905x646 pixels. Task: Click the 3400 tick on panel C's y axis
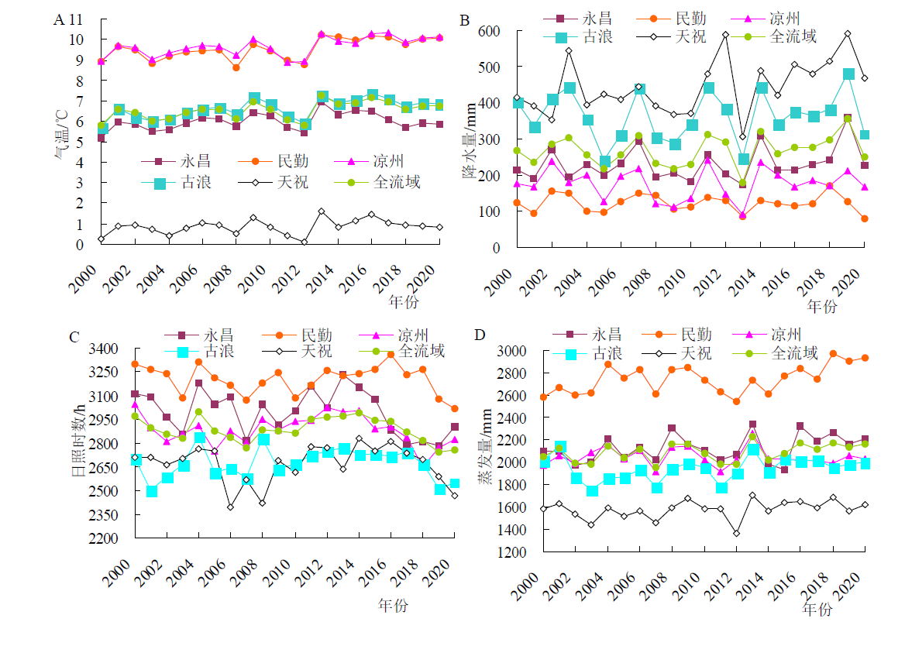point(105,349)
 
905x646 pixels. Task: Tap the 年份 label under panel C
point(393,604)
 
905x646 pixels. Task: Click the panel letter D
point(480,335)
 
